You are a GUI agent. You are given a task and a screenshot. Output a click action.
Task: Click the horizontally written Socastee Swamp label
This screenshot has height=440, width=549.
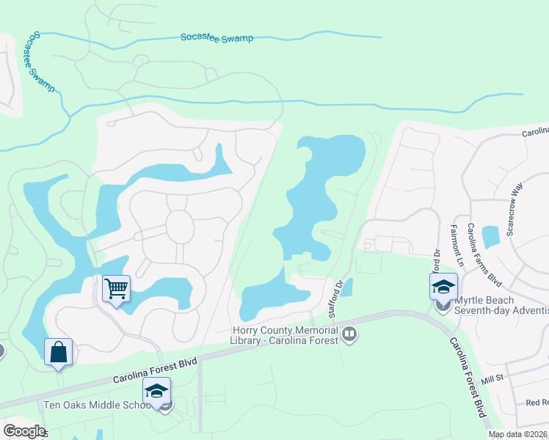point(217,37)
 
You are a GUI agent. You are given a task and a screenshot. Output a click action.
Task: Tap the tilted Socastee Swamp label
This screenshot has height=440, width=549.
point(42,62)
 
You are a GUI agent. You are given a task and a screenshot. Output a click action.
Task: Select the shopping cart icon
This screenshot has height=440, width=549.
point(116,289)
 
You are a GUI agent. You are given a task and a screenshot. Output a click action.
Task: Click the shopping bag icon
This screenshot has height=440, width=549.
point(59,352)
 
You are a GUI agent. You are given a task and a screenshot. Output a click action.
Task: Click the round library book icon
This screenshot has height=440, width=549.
point(350,335)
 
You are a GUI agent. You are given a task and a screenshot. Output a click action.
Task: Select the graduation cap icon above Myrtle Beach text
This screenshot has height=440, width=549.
point(443,286)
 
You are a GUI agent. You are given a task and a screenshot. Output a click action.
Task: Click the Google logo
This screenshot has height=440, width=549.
point(23,430)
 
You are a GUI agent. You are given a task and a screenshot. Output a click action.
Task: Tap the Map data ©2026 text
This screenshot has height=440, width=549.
point(517,434)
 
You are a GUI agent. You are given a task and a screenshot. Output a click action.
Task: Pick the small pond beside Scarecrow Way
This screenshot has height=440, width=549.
point(491,236)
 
